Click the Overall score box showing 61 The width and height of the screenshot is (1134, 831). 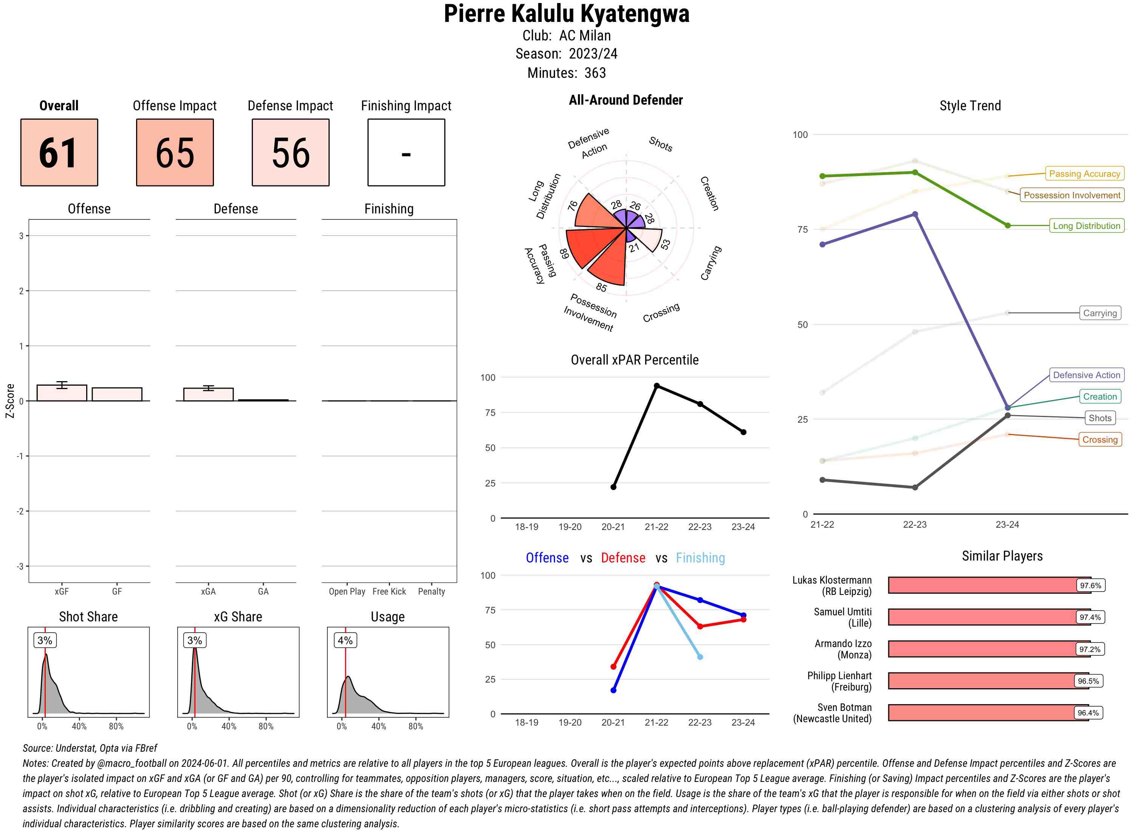pyautogui.click(x=59, y=153)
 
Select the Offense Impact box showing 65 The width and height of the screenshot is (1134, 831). pyautogui.click(x=175, y=153)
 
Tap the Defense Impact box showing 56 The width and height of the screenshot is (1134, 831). pyautogui.click(x=290, y=153)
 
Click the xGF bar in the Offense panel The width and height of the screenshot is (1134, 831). pyautogui.click(x=62, y=393)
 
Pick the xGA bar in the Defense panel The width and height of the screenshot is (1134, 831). pyautogui.click(x=208, y=394)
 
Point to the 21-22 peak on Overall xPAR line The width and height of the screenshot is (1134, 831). pyautogui.click(x=656, y=386)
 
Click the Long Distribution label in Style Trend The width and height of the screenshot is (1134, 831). pyautogui.click(x=1086, y=226)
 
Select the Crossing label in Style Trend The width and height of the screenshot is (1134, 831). pyautogui.click(x=1099, y=440)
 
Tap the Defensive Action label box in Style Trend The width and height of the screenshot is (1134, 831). pyautogui.click(x=1086, y=375)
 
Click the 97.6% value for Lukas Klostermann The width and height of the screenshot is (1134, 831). pyautogui.click(x=1090, y=585)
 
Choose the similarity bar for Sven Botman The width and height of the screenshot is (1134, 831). pyautogui.click(x=988, y=713)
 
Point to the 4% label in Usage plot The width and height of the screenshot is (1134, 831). pyautogui.click(x=345, y=640)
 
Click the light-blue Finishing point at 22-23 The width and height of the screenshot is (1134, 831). pyautogui.click(x=700, y=657)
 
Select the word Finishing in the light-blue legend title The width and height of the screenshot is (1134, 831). pyautogui.click(x=700, y=558)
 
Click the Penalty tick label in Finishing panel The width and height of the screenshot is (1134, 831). pyautogui.click(x=431, y=592)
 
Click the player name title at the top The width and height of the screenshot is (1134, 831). pyautogui.click(x=566, y=14)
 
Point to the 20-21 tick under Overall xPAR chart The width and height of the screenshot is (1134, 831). pyautogui.click(x=613, y=527)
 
